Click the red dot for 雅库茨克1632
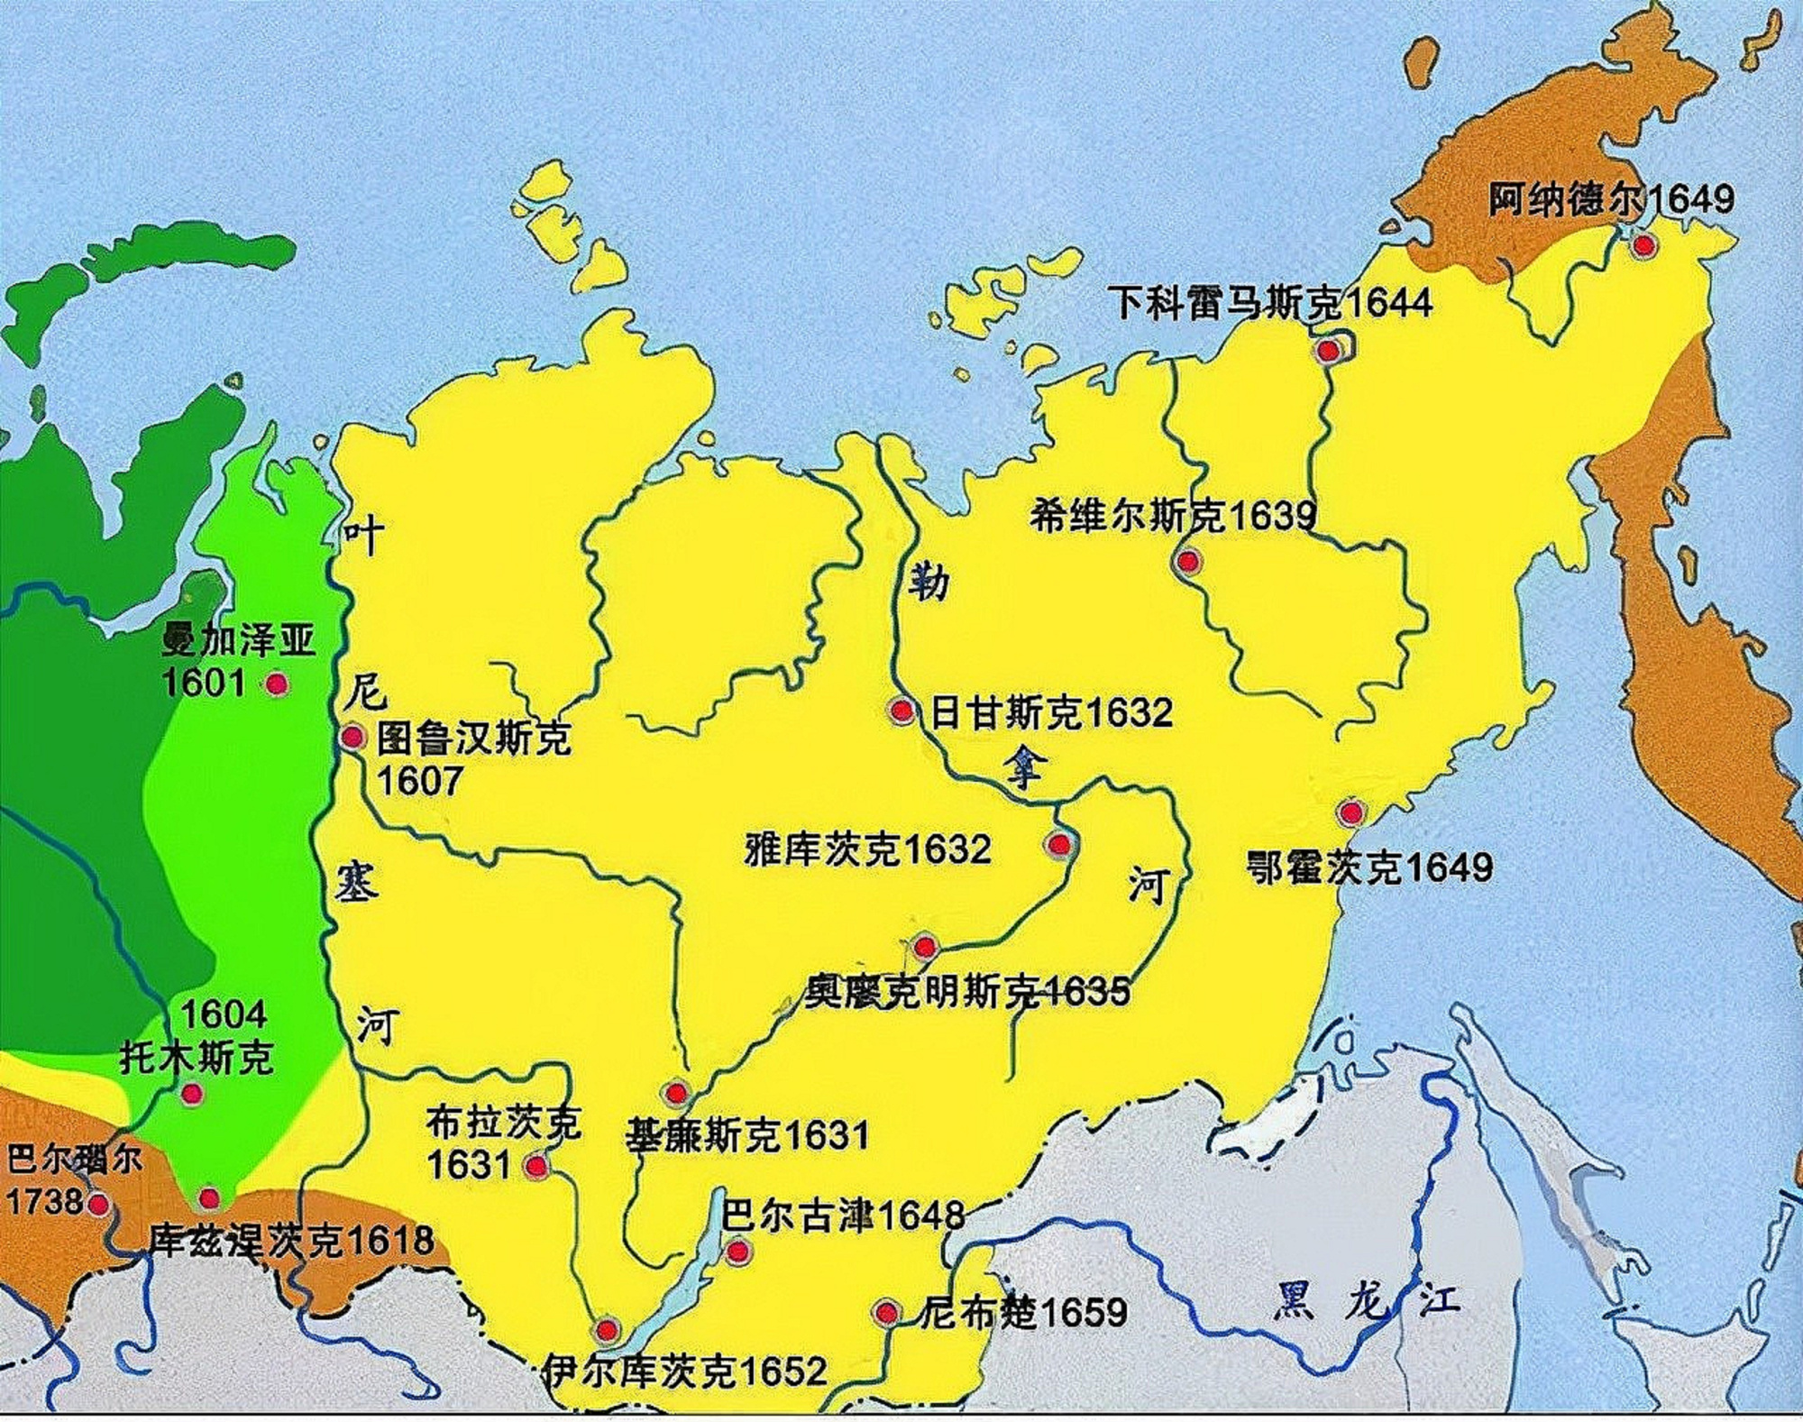click(1058, 845)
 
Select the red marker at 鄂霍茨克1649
click(1350, 812)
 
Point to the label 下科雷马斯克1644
click(1271, 302)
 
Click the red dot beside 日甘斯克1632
click(901, 711)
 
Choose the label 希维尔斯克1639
click(1173, 516)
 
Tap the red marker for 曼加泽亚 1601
click(277, 684)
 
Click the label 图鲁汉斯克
click(474, 739)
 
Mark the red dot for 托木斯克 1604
click(191, 1094)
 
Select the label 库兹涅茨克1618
click(291, 1241)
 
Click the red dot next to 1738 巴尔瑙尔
click(97, 1204)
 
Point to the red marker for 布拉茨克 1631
click(536, 1166)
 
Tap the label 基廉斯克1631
click(747, 1135)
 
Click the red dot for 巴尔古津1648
click(737, 1251)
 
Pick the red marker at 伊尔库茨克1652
click(607, 1329)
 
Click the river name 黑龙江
click(1366, 1301)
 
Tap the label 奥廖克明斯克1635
click(966, 992)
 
